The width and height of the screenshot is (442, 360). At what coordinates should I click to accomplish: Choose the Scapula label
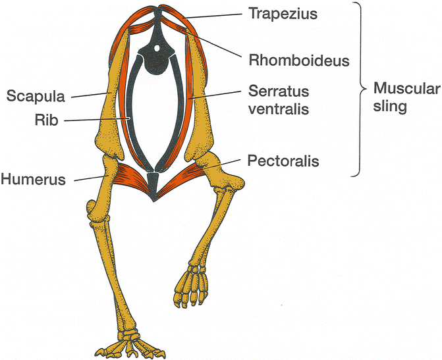(35, 96)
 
